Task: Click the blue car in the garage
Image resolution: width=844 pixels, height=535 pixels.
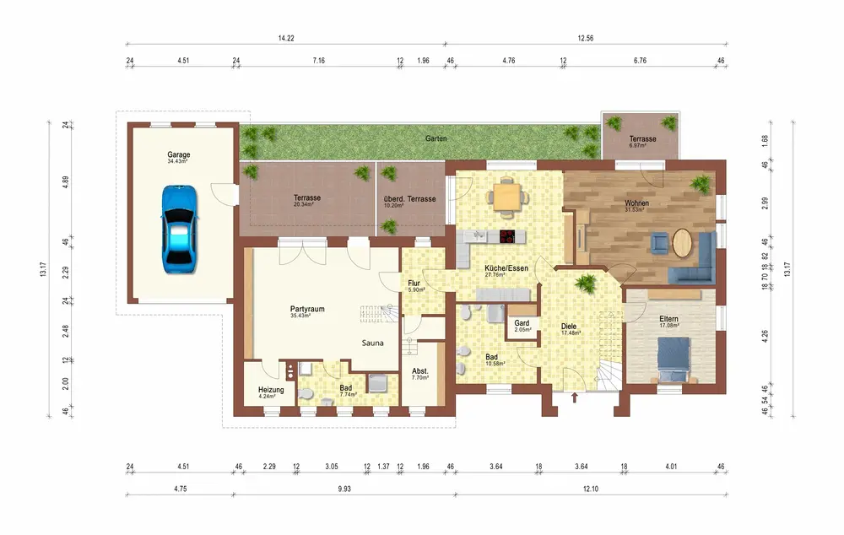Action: [179, 230]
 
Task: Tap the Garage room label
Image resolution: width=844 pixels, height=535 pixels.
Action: [179, 154]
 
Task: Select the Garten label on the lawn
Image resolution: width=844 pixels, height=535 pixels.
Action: [436, 138]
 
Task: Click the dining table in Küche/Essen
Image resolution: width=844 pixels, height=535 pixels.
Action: [507, 196]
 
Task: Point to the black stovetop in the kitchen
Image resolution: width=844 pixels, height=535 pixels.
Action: [512, 235]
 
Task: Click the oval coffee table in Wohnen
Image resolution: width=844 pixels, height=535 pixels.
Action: [682, 242]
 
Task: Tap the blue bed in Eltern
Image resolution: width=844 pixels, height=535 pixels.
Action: [673, 359]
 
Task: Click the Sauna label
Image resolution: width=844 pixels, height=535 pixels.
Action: [372, 343]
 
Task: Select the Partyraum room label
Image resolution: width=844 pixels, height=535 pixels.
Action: [307, 309]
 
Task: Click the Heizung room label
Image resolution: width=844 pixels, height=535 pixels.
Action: [271, 390]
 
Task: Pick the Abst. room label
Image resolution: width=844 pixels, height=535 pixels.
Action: [419, 370]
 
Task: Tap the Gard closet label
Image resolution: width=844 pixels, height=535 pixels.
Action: [522, 323]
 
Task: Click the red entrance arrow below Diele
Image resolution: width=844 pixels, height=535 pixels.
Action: [574, 397]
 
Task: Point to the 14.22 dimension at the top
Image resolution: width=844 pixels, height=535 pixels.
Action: [286, 38]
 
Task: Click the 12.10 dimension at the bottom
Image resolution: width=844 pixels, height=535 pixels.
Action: [591, 489]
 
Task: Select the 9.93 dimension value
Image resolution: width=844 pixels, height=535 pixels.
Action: [344, 489]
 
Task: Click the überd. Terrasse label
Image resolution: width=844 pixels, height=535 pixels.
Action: [409, 199]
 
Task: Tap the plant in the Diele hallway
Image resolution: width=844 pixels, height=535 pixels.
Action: [586, 283]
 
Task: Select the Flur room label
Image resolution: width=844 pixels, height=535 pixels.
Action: [414, 283]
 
